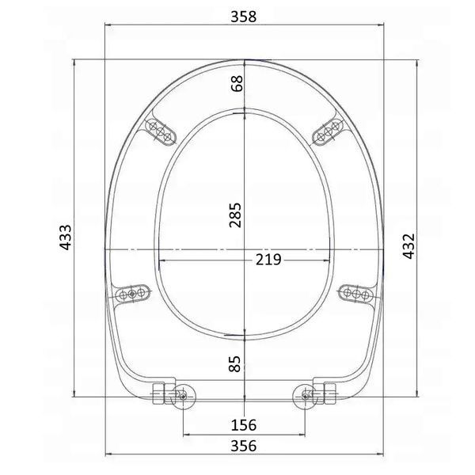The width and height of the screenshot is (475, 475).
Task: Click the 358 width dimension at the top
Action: pos(244,17)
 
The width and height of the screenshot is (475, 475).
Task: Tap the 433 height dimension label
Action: pos(66,237)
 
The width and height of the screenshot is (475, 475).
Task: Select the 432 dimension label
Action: pos(408,246)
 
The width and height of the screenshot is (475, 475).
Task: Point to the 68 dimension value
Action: pos(237,84)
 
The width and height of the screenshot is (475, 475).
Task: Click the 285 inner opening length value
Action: pos(235,215)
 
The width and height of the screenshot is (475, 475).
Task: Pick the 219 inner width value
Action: pos(268,260)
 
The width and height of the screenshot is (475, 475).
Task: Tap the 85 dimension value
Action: pos(235,363)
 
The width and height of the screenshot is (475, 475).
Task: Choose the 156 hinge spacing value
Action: pos(244,424)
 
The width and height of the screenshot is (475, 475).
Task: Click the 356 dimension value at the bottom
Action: pos(244,446)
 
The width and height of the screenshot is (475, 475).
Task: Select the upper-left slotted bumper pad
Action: pos(160,131)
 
